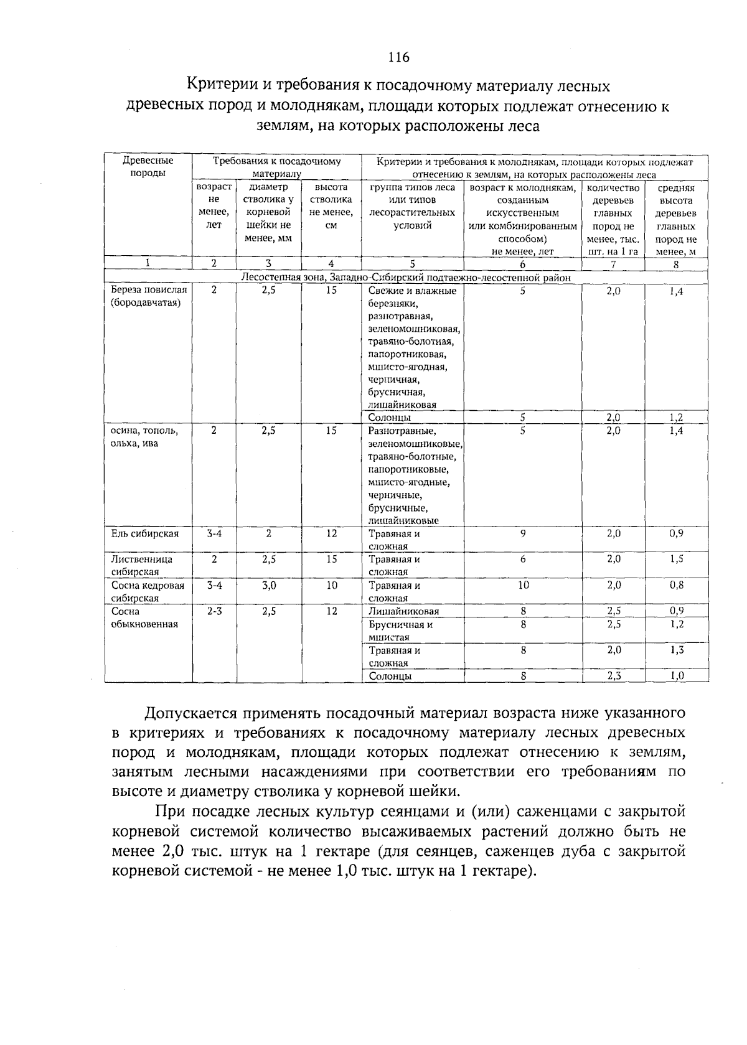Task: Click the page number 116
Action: point(398,57)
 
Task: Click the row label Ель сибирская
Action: point(144,533)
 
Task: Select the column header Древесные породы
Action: point(148,167)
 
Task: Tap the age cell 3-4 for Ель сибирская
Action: point(214,533)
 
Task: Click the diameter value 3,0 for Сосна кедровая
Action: point(268,585)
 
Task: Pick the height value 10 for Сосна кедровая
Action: point(331,585)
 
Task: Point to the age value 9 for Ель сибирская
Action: point(523,533)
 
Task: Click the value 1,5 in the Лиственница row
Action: point(677,559)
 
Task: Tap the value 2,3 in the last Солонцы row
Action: point(614,676)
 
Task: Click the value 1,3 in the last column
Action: point(677,650)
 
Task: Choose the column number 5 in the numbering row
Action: point(412,264)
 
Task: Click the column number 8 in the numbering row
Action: point(677,264)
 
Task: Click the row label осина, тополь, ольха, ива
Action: point(144,437)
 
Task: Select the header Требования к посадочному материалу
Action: point(277,167)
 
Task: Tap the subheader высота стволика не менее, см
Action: point(331,207)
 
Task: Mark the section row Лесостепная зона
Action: point(406,278)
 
